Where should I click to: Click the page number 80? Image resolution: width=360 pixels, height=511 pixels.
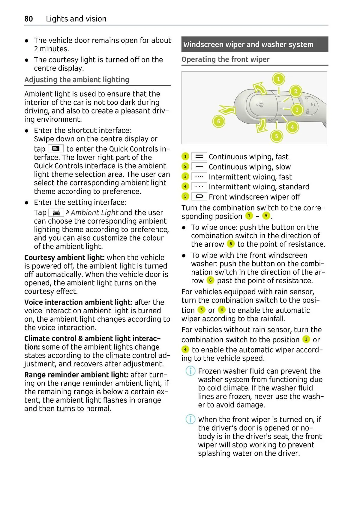click(x=28, y=19)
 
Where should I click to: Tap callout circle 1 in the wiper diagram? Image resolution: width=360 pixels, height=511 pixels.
click(x=278, y=79)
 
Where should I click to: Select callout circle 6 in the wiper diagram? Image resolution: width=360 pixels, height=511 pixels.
click(x=219, y=121)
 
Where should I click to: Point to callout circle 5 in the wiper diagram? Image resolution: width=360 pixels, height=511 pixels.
click(x=277, y=136)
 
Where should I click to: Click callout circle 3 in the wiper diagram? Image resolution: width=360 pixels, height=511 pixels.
click(x=297, y=110)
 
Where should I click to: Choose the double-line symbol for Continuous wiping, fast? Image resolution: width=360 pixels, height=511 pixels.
click(x=199, y=157)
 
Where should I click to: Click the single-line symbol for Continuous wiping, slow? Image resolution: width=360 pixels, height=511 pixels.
click(x=199, y=167)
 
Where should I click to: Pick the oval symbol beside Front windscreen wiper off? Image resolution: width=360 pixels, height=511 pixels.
click(x=199, y=197)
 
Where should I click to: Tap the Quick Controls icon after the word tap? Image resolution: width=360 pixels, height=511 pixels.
click(x=56, y=149)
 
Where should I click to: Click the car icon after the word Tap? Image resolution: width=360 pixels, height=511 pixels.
click(x=56, y=213)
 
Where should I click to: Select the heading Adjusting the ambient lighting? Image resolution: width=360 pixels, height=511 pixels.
click(x=77, y=80)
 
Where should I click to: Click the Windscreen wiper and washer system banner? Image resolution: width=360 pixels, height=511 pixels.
click(x=254, y=44)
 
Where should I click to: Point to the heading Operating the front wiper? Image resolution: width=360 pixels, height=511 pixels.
click(x=225, y=59)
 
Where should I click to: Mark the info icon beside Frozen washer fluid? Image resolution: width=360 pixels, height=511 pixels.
click(x=190, y=371)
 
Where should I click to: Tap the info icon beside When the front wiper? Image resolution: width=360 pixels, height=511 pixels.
click(x=190, y=419)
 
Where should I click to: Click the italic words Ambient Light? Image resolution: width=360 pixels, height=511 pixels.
click(x=94, y=213)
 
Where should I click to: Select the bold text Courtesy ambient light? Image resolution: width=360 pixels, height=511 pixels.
click(x=64, y=257)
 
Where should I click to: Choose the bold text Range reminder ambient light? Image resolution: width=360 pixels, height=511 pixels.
click(x=76, y=375)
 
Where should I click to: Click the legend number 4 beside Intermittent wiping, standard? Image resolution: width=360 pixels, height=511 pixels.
click(x=185, y=186)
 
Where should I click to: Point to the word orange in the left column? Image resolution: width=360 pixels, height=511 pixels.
click(x=149, y=400)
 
